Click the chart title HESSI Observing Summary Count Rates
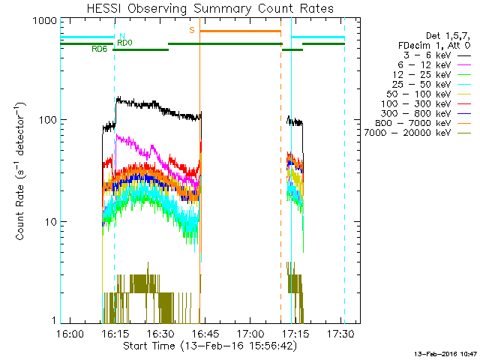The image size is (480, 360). [x=209, y=9]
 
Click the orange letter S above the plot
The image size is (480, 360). [x=192, y=30]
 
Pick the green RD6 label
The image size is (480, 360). [x=99, y=49]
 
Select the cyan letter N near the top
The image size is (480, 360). [x=121, y=35]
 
